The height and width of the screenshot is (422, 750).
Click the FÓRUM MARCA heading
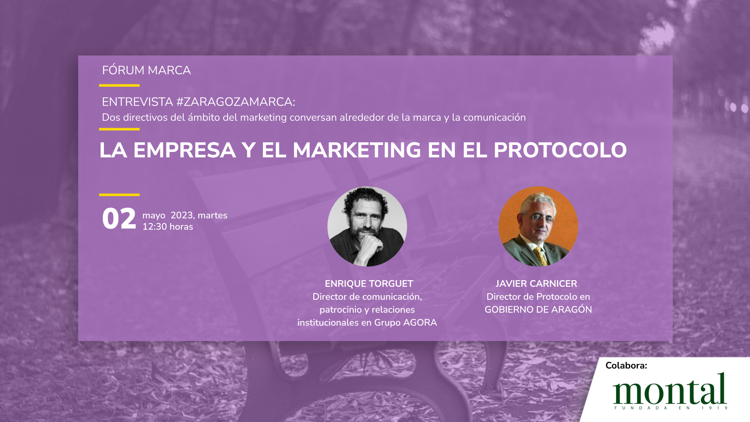tap(146, 70)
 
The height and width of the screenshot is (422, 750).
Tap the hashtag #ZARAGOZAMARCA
tap(236, 102)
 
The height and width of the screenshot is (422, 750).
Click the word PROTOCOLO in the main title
tap(560, 150)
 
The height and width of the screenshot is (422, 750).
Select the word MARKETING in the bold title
tap(357, 150)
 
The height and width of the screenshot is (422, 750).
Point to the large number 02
tap(119, 219)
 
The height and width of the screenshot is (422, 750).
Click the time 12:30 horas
tap(168, 227)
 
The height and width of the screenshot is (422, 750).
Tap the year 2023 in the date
tap(182, 215)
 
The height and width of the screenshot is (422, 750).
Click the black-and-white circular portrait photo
tap(367, 227)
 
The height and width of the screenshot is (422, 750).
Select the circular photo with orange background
tap(538, 227)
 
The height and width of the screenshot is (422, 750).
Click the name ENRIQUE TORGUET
tap(369, 284)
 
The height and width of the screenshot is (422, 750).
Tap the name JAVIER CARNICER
tap(536, 284)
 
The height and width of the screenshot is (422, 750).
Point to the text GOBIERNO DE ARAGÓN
tap(538, 309)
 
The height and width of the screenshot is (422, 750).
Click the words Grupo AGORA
tap(405, 322)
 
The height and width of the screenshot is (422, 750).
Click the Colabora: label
tap(626, 365)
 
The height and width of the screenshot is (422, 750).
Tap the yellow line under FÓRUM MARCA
tap(119, 85)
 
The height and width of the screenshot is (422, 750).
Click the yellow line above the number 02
tap(119, 195)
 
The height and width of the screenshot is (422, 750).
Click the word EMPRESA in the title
tap(185, 150)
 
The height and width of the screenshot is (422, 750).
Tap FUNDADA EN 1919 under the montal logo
tap(671, 408)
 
